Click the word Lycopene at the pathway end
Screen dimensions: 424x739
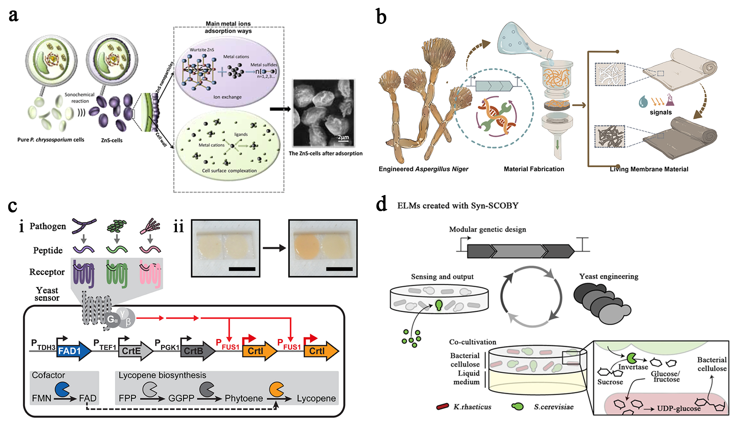coord(316,398)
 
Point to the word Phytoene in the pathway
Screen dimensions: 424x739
coord(244,398)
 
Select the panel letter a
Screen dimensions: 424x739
coord(14,15)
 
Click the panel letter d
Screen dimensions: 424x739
coord(381,204)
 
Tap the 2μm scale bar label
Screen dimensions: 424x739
coord(343,138)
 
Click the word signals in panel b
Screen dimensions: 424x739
coord(661,112)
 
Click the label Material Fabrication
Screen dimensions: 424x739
coord(534,169)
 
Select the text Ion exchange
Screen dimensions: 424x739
coord(227,97)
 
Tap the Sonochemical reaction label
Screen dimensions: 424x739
coord(79,98)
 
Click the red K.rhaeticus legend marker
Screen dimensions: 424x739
coord(442,407)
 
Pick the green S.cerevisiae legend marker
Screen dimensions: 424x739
coord(517,407)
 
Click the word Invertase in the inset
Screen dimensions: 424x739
coord(633,367)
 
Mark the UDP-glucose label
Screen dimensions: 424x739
coord(679,408)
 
